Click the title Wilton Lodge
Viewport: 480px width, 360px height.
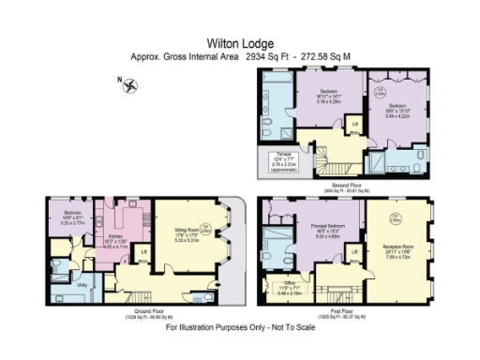(239, 42)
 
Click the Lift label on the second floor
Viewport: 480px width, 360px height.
(355, 124)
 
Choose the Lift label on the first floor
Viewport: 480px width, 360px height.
(355, 251)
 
